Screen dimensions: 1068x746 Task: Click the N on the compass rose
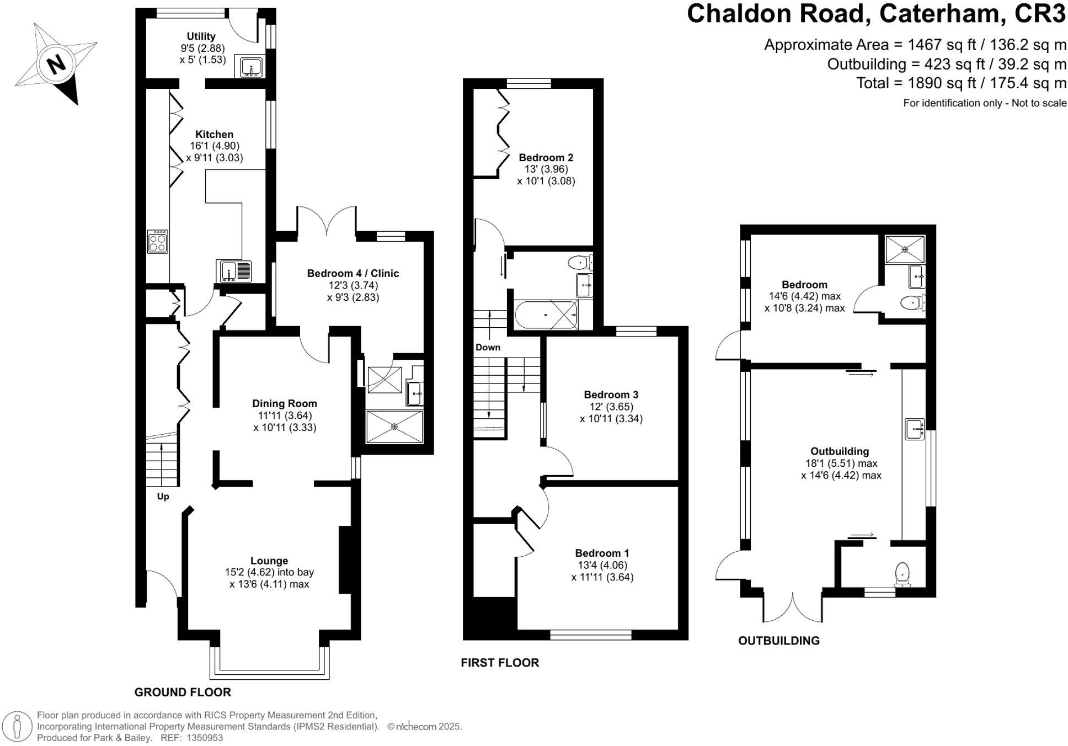pyautogui.click(x=56, y=65)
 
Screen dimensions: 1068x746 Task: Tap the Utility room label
pyautogui.click(x=201, y=36)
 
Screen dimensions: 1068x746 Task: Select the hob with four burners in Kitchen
pyautogui.click(x=157, y=241)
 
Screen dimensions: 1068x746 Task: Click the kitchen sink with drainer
pyautogui.click(x=234, y=271)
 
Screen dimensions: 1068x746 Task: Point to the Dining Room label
pyautogui.click(x=285, y=403)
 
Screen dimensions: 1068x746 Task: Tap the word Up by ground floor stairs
pyautogui.click(x=163, y=496)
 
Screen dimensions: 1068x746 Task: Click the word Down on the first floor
pyautogui.click(x=488, y=347)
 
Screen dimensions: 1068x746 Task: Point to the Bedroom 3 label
pyautogui.click(x=611, y=395)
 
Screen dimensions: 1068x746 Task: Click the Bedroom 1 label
pyautogui.click(x=602, y=553)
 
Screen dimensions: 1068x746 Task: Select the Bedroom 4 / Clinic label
pyautogui.click(x=353, y=273)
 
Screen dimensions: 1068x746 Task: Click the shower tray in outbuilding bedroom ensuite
pyautogui.click(x=905, y=249)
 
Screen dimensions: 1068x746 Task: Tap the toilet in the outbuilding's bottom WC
pyautogui.click(x=902, y=573)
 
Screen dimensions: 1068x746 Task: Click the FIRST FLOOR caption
pyautogui.click(x=499, y=663)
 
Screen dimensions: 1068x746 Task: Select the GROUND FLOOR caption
pyautogui.click(x=183, y=692)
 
